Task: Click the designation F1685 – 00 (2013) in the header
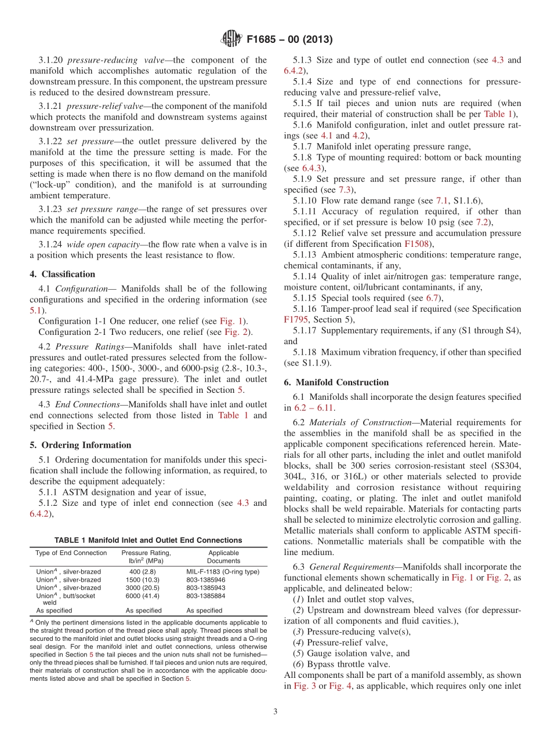[289, 40]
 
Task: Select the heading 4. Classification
[63, 274]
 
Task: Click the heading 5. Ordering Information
[81, 445]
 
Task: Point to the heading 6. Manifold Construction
[336, 382]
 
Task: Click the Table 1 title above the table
[148, 540]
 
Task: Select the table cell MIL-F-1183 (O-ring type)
[223, 571]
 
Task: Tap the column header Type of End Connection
[71, 553]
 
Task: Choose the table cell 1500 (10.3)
[142, 579]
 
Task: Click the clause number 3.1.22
[50, 141]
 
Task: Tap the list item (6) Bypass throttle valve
[342, 664]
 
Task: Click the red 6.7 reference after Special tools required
[432, 298]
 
